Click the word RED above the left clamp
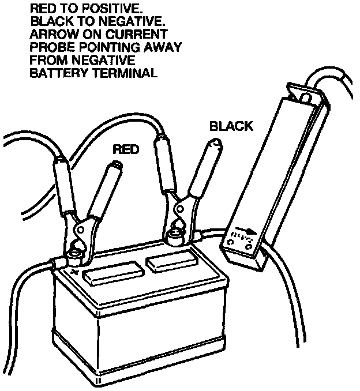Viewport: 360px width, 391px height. coord(125,149)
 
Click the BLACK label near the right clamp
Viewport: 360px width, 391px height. coord(231,126)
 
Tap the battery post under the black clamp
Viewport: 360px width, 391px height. coord(174,235)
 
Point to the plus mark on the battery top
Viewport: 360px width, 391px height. coord(75,270)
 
